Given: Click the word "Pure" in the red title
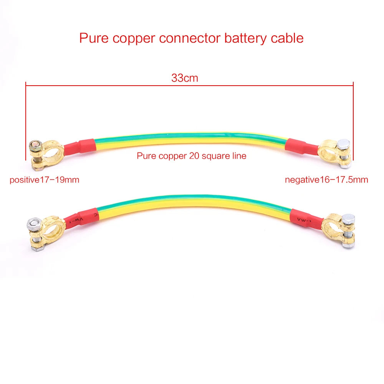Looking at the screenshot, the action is (x=94, y=38).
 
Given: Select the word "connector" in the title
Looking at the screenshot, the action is (x=190, y=38).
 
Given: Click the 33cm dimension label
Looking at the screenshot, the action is (x=185, y=78).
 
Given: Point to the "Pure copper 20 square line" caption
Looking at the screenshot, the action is (x=192, y=156).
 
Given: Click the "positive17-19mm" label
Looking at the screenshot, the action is (x=44, y=180).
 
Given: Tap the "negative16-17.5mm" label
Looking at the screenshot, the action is (x=326, y=180).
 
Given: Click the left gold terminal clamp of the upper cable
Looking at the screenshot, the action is (x=46, y=155).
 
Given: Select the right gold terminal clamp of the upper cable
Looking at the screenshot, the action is (x=335, y=153).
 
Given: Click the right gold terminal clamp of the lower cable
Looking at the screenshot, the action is (x=338, y=230).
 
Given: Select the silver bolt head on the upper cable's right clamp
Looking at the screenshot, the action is (x=344, y=144).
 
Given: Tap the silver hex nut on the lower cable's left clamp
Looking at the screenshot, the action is (x=33, y=223).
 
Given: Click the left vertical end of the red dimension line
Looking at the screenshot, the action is (x=26, y=121).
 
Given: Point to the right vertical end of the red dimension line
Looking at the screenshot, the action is (x=353, y=121).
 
